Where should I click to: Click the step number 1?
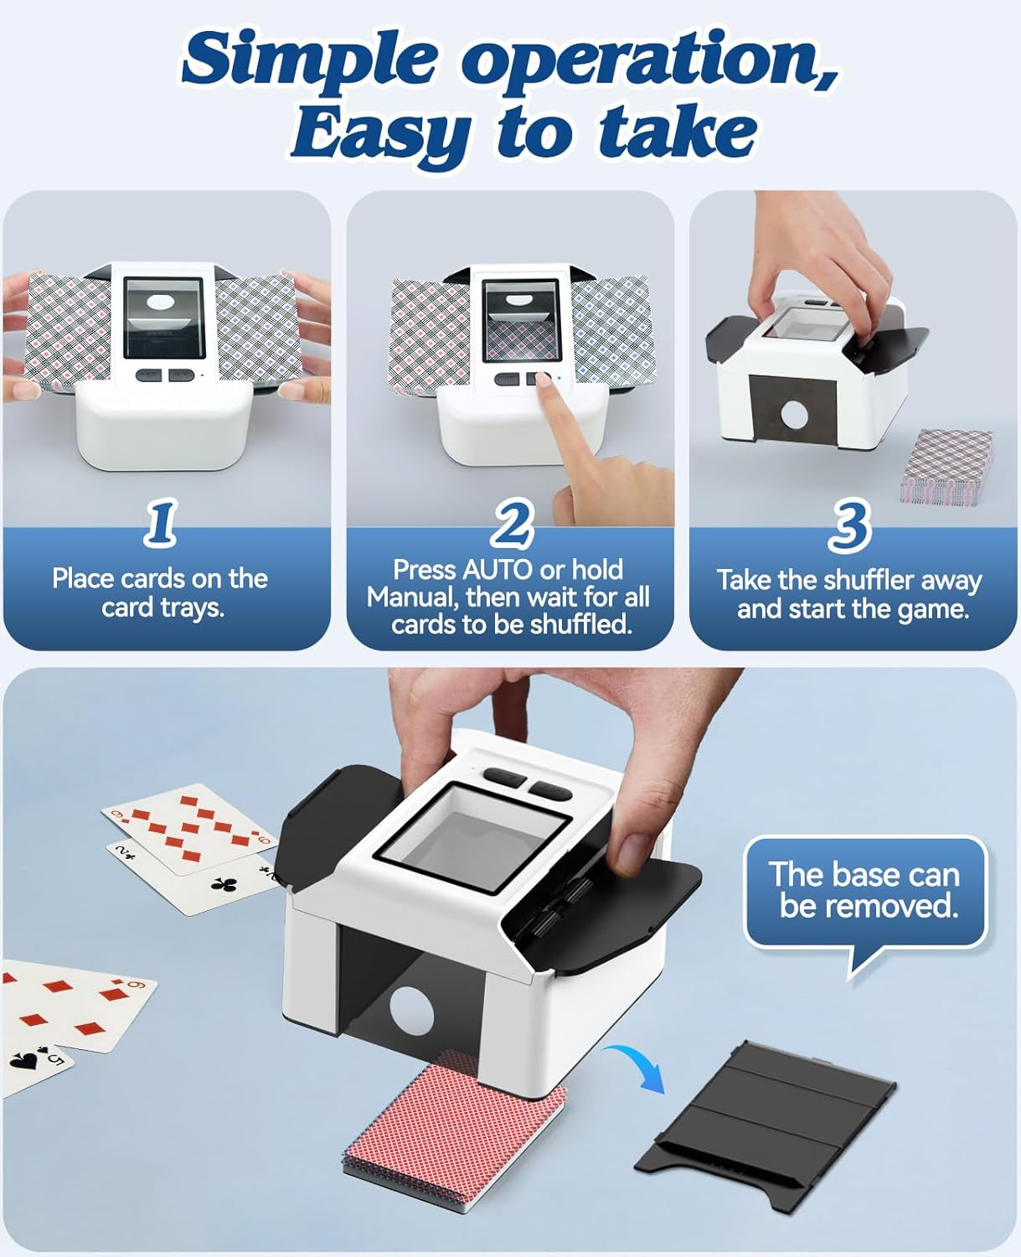pos(161,523)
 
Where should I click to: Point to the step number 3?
pos(849,527)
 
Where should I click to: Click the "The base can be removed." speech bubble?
pos(865,892)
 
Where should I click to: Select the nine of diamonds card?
pos(188,825)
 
